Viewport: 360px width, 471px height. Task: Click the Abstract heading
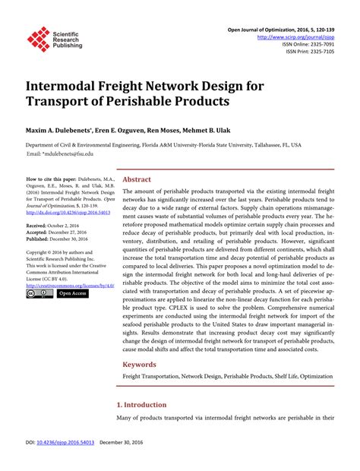click(x=137, y=179)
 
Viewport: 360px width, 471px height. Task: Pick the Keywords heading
click(x=140, y=364)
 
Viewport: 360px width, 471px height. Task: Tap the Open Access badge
click(x=72, y=293)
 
